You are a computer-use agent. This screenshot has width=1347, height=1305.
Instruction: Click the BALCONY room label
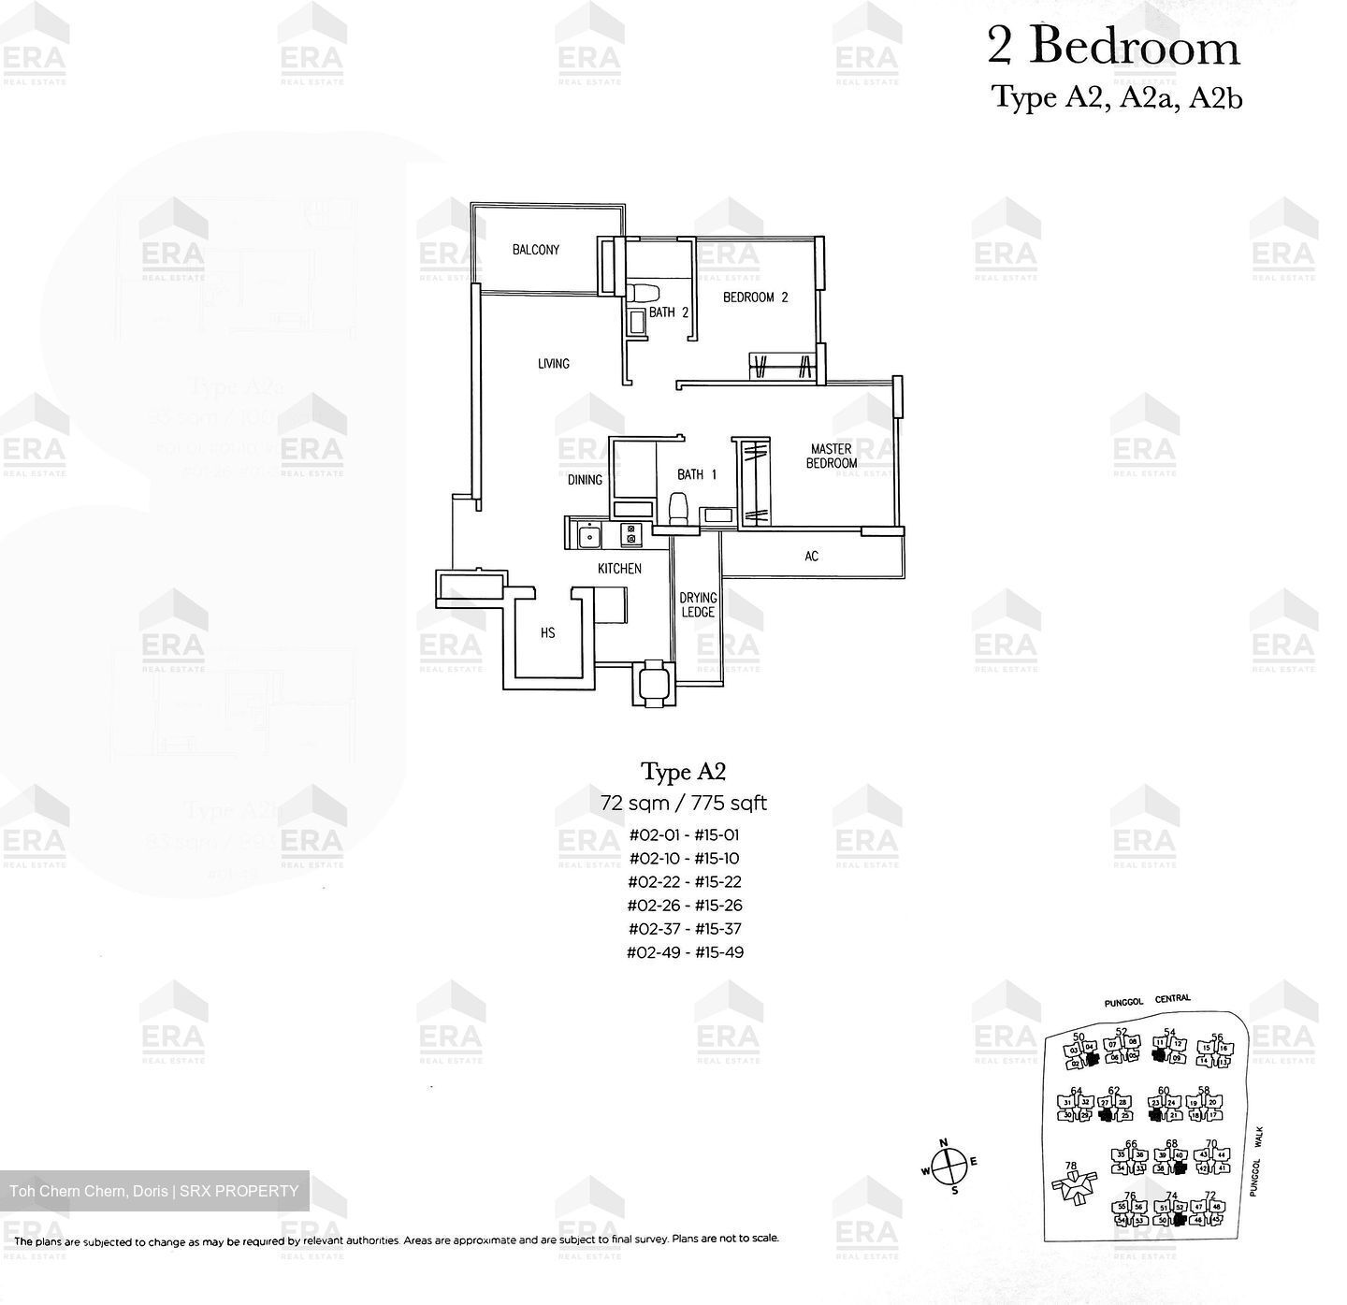(535, 250)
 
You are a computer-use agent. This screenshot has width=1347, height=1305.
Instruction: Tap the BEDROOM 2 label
(755, 297)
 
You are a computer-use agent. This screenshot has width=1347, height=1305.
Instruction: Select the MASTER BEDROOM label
(832, 457)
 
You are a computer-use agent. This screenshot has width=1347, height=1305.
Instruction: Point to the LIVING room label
(553, 364)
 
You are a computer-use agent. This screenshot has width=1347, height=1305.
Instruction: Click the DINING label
(585, 480)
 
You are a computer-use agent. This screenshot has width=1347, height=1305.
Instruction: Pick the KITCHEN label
(619, 569)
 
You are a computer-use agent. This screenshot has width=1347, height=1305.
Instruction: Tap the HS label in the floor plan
(547, 633)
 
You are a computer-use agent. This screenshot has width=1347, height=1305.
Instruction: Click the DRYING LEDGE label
(698, 605)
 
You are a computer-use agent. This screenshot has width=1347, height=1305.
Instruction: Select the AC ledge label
(811, 557)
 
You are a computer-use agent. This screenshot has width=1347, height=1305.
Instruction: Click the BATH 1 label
(697, 475)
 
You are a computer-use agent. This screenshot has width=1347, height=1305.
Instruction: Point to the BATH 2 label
(668, 312)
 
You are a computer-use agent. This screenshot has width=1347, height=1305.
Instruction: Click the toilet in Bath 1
(678, 508)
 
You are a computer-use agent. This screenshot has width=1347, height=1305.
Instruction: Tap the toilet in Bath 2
(641, 292)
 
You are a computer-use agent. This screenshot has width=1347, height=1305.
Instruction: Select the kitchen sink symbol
(588, 537)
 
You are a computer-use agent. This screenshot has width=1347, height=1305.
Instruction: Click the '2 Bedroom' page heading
(1113, 47)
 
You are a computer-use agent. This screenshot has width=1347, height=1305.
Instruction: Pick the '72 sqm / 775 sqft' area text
(684, 803)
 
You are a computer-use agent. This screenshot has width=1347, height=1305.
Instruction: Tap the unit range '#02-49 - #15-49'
(687, 952)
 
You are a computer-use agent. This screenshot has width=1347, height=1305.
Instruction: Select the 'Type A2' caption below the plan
(683, 772)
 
